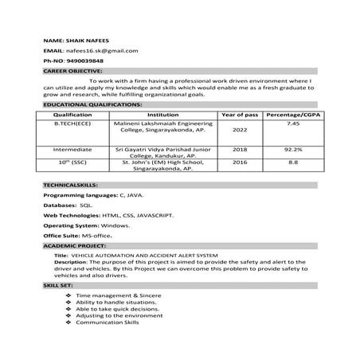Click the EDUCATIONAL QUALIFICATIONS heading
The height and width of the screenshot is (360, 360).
coord(93,104)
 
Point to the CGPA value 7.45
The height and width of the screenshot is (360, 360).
coord(292,124)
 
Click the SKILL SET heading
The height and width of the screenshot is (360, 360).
coord(59,284)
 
